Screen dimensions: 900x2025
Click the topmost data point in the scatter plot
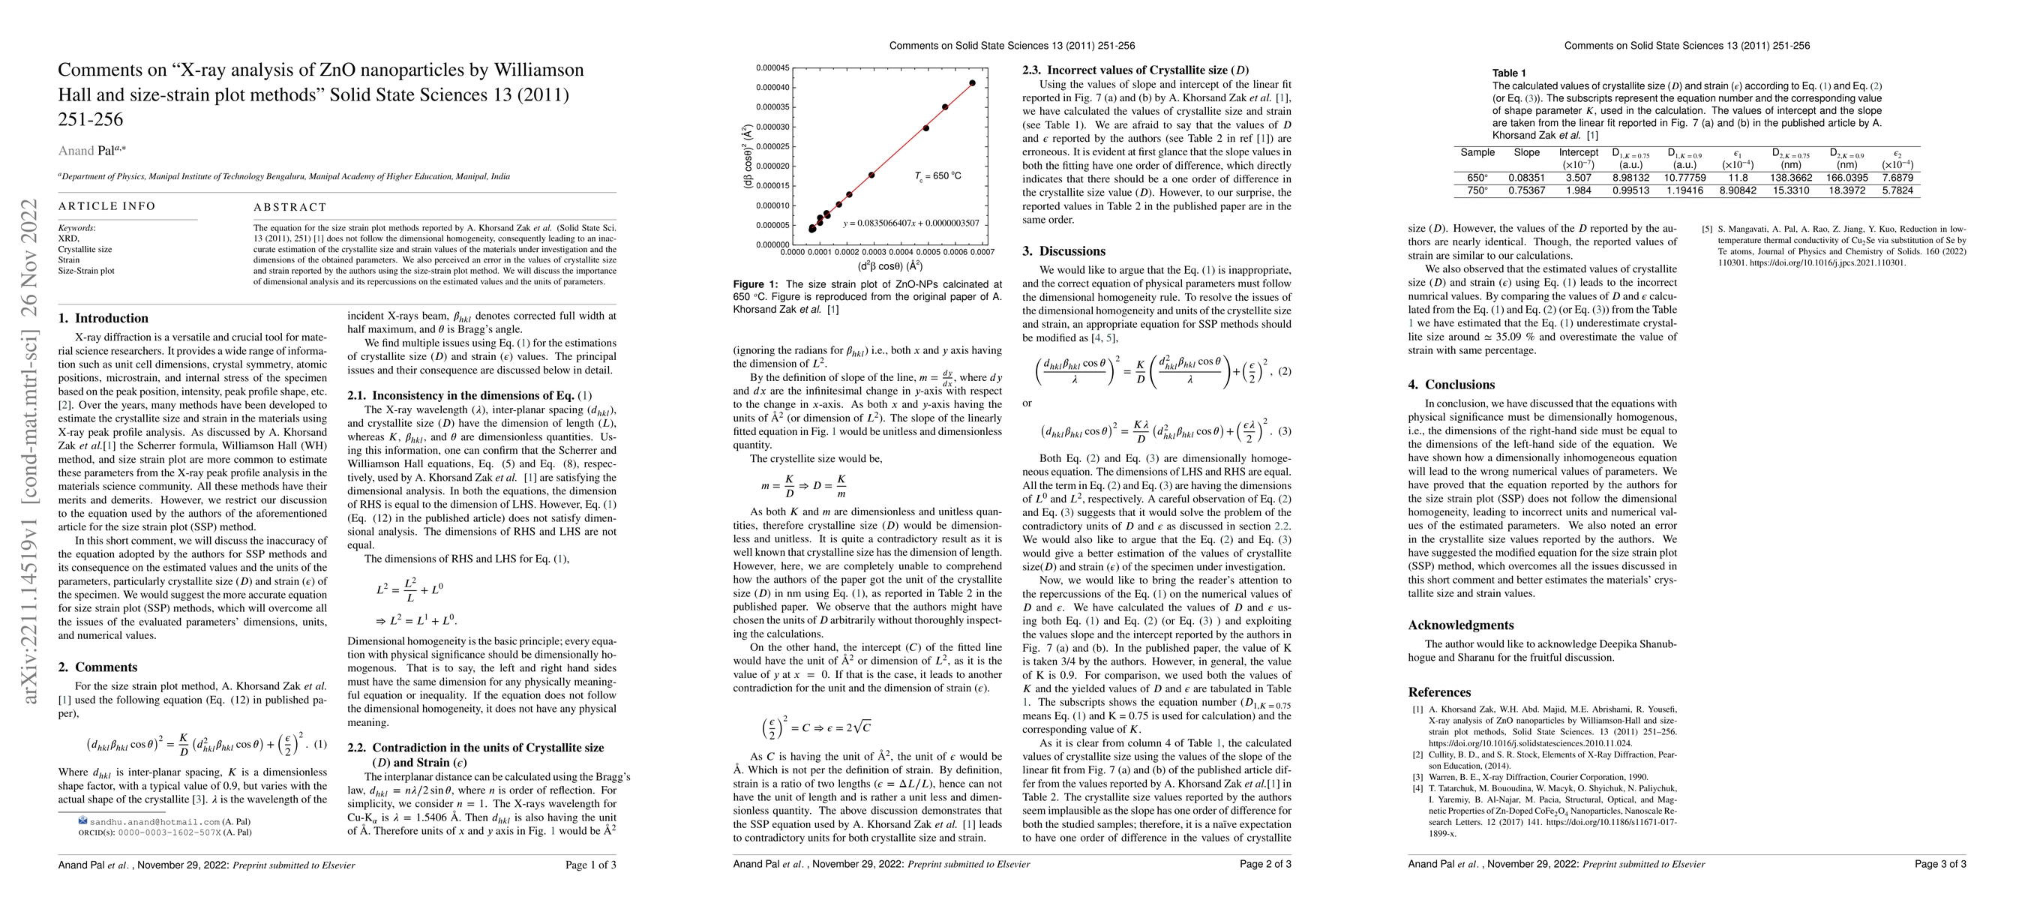point(973,82)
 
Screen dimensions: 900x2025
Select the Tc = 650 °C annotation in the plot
point(937,176)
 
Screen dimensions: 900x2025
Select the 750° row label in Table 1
point(1477,190)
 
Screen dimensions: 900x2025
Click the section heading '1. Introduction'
point(103,318)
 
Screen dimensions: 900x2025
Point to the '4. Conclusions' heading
point(1451,384)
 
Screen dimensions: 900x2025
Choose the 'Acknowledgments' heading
point(1460,625)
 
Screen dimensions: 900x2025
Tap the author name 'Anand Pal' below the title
point(86,150)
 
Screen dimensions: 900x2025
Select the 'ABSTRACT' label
point(289,208)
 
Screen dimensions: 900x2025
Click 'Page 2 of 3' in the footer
point(1264,865)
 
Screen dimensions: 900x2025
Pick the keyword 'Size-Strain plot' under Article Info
point(86,271)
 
